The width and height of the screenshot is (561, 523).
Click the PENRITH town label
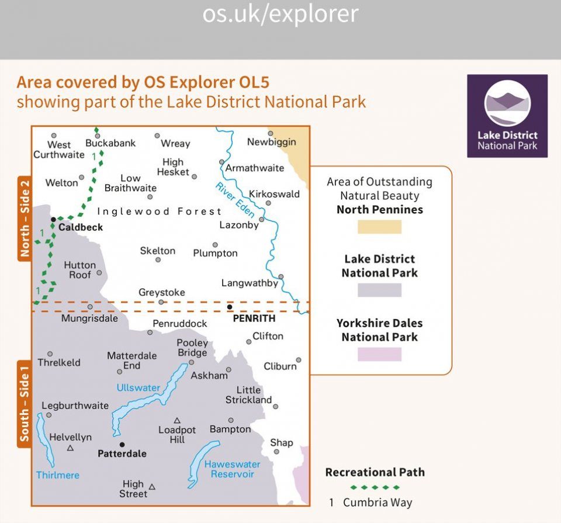tap(254, 318)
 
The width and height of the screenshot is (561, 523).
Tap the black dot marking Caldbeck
tap(53, 219)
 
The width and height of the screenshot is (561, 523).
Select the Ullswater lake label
tap(138, 387)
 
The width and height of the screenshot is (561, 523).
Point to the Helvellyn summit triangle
tap(71, 448)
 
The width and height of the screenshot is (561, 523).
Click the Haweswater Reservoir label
tap(232, 469)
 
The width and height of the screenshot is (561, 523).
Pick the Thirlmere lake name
tap(58, 474)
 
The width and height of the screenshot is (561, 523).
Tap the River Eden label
tap(235, 200)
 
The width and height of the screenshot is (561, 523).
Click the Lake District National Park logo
tap(507, 116)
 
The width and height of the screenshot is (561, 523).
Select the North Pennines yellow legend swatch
tap(380, 227)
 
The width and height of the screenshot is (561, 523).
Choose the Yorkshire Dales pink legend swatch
tap(380, 354)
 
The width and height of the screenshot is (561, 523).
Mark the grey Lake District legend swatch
tap(380, 290)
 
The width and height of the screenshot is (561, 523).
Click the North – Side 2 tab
tap(25, 218)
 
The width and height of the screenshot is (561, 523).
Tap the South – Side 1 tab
tap(25, 404)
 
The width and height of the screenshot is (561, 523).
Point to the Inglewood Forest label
tap(160, 212)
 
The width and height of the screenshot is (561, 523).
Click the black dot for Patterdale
tap(122, 445)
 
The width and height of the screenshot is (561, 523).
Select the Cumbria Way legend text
tap(378, 502)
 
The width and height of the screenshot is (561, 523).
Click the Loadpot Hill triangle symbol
tap(176, 420)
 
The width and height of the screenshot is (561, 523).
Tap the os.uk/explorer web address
tap(280, 14)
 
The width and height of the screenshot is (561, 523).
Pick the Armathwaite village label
tap(254, 168)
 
